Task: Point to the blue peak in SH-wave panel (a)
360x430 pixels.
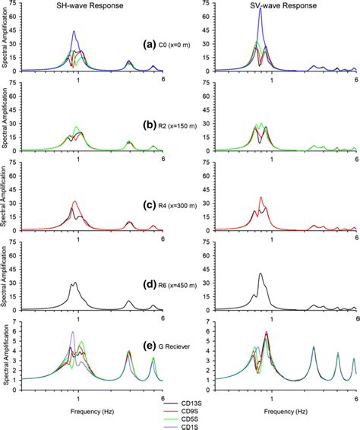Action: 74,32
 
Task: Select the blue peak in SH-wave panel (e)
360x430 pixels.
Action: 73,332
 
